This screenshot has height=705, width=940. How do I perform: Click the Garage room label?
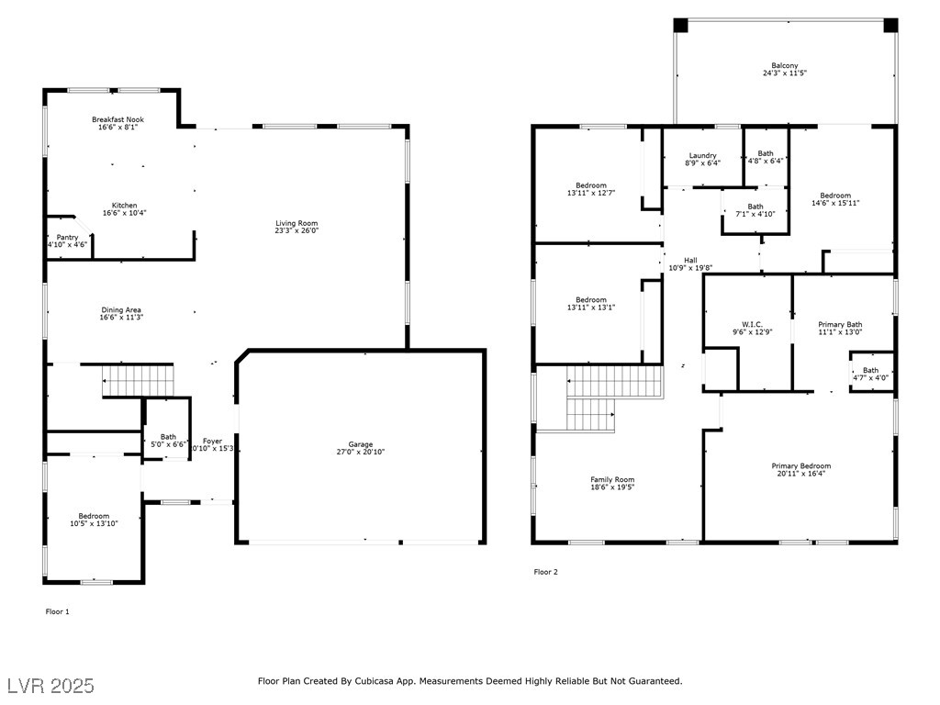tap(360, 444)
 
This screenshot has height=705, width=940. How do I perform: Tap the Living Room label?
tap(297, 223)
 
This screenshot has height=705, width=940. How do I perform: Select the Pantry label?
tap(67, 238)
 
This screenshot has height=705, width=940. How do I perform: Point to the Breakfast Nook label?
tap(117, 119)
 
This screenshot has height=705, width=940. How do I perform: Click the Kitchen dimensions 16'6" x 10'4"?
tap(124, 213)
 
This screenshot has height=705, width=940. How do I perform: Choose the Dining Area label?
tap(120, 310)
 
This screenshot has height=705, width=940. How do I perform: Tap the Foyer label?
tap(212, 442)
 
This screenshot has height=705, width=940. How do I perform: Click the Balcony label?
tap(785, 65)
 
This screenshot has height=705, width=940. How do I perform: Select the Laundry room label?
tap(702, 155)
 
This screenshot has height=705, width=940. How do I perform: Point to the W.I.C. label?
tap(752, 324)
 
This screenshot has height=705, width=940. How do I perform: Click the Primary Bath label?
tap(840, 324)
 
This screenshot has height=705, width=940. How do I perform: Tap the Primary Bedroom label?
tap(800, 465)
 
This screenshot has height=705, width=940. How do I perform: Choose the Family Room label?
tap(612, 479)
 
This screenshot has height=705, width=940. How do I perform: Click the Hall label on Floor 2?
tap(690, 260)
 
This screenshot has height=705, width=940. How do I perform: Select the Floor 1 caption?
tap(58, 611)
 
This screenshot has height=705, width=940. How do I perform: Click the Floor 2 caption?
tap(545, 572)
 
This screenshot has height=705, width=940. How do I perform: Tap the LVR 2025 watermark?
tap(51, 686)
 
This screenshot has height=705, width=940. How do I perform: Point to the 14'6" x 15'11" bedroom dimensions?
tap(835, 203)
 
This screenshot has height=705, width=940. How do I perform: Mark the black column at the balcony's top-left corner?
tap(680, 25)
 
